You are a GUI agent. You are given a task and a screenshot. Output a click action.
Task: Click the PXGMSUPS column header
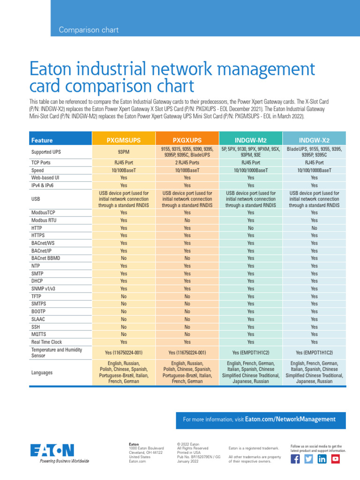[x=124, y=140]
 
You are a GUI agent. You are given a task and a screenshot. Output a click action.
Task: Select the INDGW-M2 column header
[x=251, y=140]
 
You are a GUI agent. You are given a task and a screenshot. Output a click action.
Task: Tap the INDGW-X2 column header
[x=314, y=140]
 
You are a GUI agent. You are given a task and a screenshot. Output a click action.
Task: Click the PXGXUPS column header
[x=187, y=140]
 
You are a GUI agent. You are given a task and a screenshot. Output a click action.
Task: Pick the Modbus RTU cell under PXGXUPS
[x=187, y=220]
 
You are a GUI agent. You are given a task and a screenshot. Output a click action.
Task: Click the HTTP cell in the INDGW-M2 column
[x=251, y=228]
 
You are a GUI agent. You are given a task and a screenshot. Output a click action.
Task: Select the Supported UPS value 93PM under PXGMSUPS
[x=124, y=152]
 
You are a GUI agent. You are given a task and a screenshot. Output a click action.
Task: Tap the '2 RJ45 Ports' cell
[x=187, y=163]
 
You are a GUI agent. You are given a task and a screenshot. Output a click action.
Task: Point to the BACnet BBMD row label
[x=45, y=258]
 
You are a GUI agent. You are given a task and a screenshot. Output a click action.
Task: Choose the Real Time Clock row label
[x=46, y=342]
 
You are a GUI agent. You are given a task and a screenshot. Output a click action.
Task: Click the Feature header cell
[x=42, y=140]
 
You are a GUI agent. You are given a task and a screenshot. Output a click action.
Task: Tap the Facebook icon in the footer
[x=295, y=459]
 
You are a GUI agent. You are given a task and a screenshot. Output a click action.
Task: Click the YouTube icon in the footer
[x=335, y=459]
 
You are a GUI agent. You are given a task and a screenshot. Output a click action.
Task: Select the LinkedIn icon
[x=322, y=459]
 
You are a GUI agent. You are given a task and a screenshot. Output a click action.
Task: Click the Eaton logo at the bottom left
[x=52, y=451]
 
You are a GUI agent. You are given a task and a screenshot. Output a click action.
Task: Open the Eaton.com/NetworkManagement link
[x=290, y=420]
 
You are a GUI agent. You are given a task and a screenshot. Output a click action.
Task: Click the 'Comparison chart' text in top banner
[x=89, y=30]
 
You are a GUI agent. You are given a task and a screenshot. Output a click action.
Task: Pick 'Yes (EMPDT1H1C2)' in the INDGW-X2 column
[x=314, y=352]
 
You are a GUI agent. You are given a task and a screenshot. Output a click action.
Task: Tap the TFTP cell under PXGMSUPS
[x=124, y=296]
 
